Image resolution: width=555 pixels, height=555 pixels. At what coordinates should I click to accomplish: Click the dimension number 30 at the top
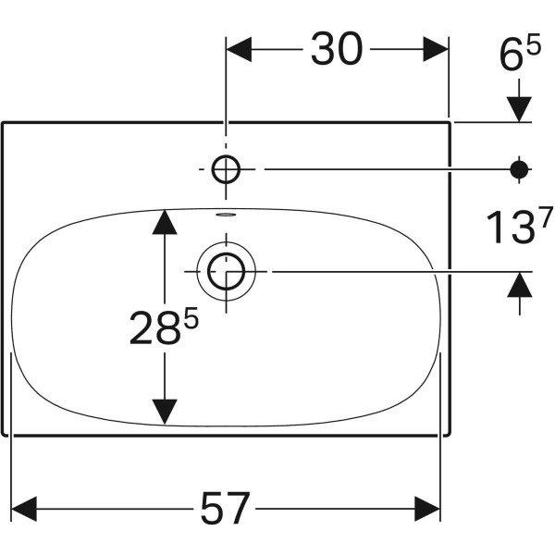pyautogui.click(x=337, y=48)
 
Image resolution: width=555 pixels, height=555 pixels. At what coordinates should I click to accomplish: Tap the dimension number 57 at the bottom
pyautogui.click(x=225, y=509)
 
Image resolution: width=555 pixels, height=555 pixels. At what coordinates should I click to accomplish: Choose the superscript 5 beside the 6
pyautogui.click(x=534, y=43)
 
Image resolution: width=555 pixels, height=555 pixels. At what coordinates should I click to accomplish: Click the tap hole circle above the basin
pyautogui.click(x=226, y=169)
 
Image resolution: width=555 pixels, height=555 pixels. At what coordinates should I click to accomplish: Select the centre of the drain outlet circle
pyautogui.click(x=227, y=271)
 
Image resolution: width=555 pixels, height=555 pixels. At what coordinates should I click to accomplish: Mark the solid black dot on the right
pyautogui.click(x=519, y=169)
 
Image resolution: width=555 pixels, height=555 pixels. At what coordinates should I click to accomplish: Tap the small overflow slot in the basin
pyautogui.click(x=226, y=215)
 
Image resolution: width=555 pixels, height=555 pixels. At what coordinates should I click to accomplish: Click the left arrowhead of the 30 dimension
pyautogui.click(x=239, y=49)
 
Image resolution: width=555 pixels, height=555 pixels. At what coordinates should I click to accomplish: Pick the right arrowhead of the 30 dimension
pyautogui.click(x=436, y=49)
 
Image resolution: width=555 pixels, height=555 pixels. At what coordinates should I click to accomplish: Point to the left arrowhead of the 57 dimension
pyautogui.click(x=24, y=509)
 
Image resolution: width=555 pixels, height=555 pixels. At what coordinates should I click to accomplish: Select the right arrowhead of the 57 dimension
pyautogui.click(x=427, y=509)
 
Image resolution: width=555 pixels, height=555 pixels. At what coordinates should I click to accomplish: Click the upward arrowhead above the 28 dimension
pyautogui.click(x=165, y=222)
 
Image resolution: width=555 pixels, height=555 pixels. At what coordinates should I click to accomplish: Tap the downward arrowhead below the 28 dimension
pyautogui.click(x=165, y=412)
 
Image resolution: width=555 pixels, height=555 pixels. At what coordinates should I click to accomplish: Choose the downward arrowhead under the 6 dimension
pyautogui.click(x=519, y=109)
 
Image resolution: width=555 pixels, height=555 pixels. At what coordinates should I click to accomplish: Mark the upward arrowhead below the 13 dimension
pyautogui.click(x=520, y=284)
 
